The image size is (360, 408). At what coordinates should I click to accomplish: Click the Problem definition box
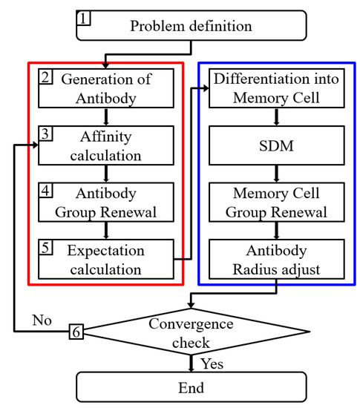coord(191,26)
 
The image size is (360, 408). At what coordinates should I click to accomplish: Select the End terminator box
coord(191,386)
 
